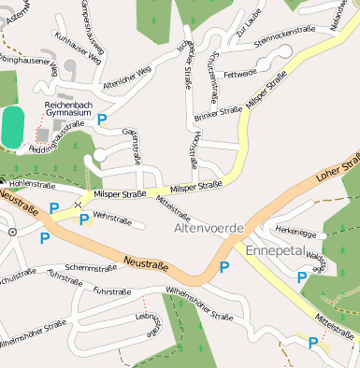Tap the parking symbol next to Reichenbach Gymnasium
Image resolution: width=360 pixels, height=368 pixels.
coord(102,119)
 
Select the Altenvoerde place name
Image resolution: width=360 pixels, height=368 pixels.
coord(209,228)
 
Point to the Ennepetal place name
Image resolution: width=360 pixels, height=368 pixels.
coord(276,250)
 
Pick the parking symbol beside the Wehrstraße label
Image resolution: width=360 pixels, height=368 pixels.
coord(84,219)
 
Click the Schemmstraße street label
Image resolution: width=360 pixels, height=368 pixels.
coord(91,268)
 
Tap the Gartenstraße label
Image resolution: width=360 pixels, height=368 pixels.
coord(136,148)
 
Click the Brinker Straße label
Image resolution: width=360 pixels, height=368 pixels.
coord(218,114)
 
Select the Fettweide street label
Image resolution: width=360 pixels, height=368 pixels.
coord(240,73)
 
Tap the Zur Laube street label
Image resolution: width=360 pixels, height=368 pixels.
coord(247,33)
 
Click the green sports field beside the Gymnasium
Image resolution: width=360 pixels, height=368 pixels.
coord(12,126)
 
